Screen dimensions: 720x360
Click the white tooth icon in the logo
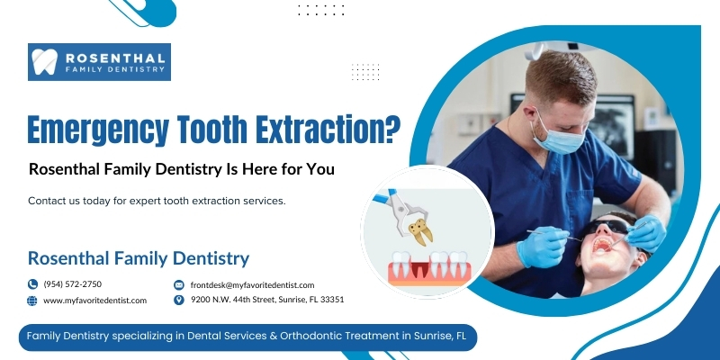(x=44, y=61)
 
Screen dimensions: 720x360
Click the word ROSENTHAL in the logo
(x=115, y=58)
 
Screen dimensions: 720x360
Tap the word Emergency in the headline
(x=98, y=130)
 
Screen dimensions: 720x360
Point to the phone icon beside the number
(x=32, y=284)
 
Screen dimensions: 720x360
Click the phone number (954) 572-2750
(x=73, y=284)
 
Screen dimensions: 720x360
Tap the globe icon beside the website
(x=32, y=301)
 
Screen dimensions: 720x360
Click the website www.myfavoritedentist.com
(x=95, y=301)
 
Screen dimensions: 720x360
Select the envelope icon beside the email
(x=179, y=285)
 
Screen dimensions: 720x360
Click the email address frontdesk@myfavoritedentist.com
(x=253, y=285)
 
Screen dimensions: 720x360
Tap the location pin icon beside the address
(x=179, y=300)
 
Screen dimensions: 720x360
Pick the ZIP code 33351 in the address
(x=333, y=300)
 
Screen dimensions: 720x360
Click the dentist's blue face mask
(x=556, y=137)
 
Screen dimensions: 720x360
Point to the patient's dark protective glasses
(x=609, y=226)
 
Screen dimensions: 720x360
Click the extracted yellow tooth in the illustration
(x=420, y=231)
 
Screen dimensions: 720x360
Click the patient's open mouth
(x=601, y=243)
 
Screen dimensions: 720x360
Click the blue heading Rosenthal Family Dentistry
(x=139, y=258)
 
